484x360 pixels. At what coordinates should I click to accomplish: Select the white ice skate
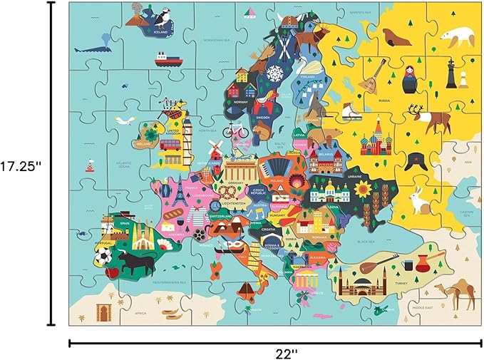[351, 112]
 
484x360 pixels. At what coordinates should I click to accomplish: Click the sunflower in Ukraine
[364, 190]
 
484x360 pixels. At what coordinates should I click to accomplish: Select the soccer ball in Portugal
[103, 255]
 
